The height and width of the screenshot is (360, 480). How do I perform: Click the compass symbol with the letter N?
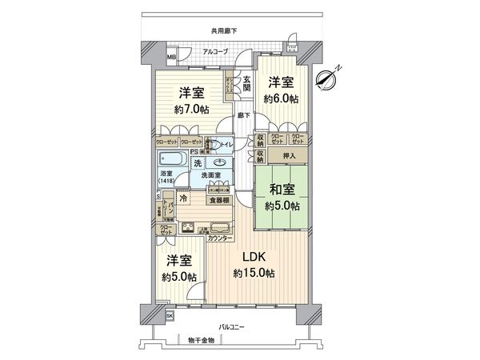327,78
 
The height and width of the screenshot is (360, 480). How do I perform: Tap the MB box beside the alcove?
170,58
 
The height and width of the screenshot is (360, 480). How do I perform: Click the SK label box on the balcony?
170,315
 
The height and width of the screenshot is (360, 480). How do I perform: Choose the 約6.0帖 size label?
280,99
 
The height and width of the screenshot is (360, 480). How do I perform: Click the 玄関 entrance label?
247,82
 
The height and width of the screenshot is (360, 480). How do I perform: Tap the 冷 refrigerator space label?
183,198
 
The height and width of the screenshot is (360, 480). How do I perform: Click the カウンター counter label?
220,239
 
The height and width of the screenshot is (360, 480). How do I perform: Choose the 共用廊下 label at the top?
224,31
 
